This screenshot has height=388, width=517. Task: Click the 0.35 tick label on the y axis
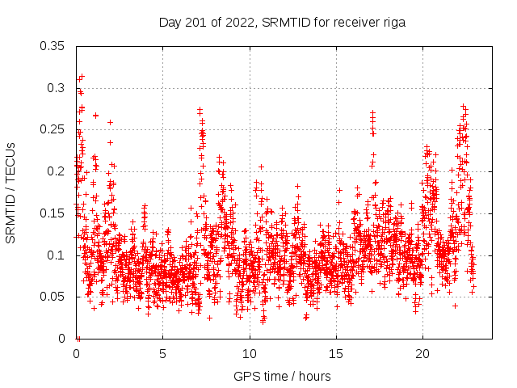pos(53,45)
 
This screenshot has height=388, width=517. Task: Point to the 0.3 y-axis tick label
pos(56,87)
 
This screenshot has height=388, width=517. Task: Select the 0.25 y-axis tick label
pos(53,129)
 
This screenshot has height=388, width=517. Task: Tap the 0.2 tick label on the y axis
pos(56,171)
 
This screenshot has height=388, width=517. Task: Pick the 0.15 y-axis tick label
pos(53,213)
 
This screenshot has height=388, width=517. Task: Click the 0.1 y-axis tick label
pos(56,255)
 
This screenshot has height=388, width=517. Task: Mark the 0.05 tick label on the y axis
pos(53,297)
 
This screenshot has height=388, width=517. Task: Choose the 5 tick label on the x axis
pos(162,354)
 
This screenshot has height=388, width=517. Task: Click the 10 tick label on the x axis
pos(249,354)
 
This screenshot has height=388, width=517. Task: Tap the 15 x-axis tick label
pos(335,354)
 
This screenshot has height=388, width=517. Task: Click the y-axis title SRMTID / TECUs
pos(11,192)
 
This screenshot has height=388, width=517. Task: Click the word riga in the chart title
pos(393,23)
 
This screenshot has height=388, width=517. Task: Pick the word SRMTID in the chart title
pos(284,23)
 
